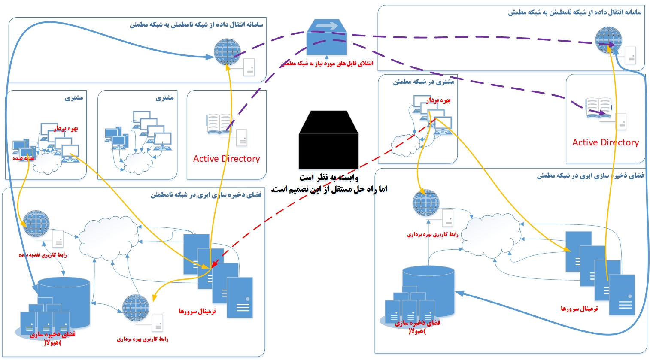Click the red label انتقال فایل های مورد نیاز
pos(327,64)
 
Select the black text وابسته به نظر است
pos(329,177)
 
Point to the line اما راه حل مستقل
pos(329,189)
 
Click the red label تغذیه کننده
pos(23,158)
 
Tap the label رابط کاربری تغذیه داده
pos(43,255)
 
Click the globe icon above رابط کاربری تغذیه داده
pos(36,224)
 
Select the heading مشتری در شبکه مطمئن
pos(423,82)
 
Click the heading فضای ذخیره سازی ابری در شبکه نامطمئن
pos(206,195)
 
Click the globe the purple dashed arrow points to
pos(608,40)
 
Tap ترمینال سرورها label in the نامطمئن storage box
pos(197,311)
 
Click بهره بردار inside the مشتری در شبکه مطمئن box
pos(438,100)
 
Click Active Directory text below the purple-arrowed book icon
pos(605,142)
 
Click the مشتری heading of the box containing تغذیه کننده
pos(74,98)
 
